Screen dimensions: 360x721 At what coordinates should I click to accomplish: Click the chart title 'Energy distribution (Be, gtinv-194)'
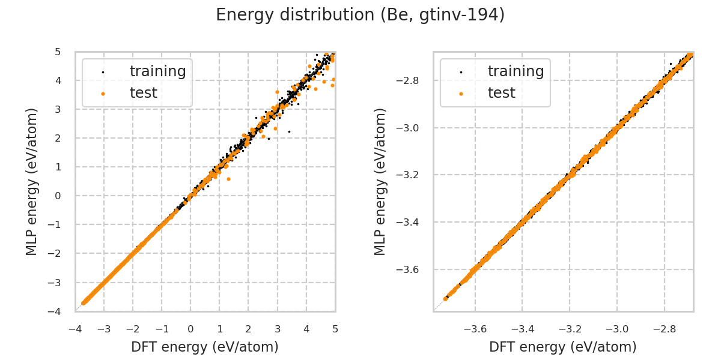pyautogui.click(x=360, y=15)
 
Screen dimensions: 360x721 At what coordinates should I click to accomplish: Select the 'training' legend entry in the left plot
pyautogui.click(x=157, y=71)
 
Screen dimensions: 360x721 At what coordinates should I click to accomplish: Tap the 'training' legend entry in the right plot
pyautogui.click(x=516, y=71)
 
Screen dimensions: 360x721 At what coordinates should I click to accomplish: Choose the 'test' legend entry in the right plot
pyautogui.click(x=501, y=93)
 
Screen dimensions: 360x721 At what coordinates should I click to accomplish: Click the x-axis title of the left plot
pyautogui.click(x=205, y=347)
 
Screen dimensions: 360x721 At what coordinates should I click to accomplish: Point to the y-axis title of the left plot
pyautogui.click(x=32, y=181)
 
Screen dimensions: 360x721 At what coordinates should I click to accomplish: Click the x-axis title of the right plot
pyautogui.click(x=563, y=347)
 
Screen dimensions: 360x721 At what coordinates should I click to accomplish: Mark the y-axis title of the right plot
pyautogui.click(x=380, y=181)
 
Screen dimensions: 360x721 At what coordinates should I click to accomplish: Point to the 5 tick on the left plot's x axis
pyautogui.click(x=335, y=329)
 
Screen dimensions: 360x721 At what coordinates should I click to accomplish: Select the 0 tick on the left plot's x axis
pyautogui.click(x=190, y=329)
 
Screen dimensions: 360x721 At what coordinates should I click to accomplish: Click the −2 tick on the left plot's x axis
pyautogui.click(x=133, y=329)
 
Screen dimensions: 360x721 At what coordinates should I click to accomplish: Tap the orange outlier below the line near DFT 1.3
pyautogui.click(x=228, y=179)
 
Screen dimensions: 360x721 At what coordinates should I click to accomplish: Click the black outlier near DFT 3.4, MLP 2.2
pyautogui.click(x=289, y=131)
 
